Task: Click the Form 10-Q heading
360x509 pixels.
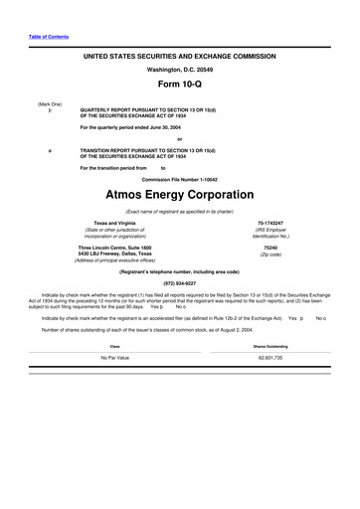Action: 180,84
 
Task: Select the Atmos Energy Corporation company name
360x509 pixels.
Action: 180,195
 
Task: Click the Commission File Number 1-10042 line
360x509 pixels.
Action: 180,180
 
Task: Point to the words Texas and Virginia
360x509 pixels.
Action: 117,223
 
